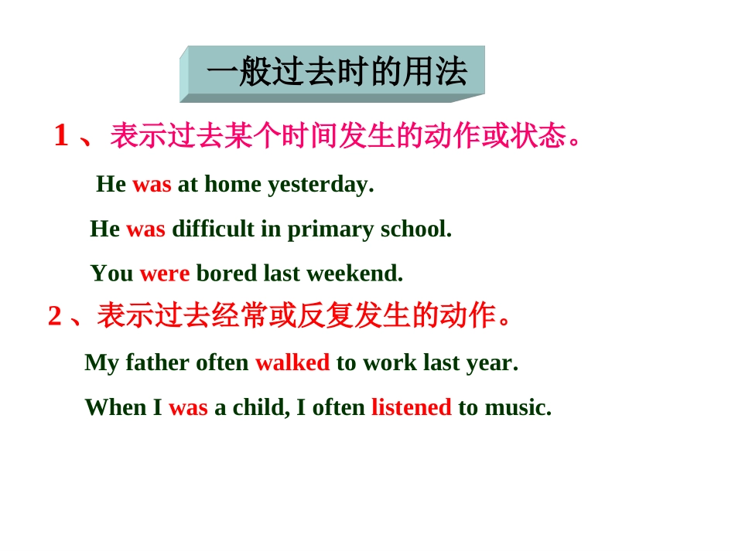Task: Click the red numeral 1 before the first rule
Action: point(61,136)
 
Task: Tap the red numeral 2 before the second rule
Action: point(54,316)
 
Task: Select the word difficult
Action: point(213,230)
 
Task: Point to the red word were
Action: point(165,274)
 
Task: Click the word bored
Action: point(227,274)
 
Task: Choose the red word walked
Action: point(292,362)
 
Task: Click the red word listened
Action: point(412,407)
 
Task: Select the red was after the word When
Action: point(188,407)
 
